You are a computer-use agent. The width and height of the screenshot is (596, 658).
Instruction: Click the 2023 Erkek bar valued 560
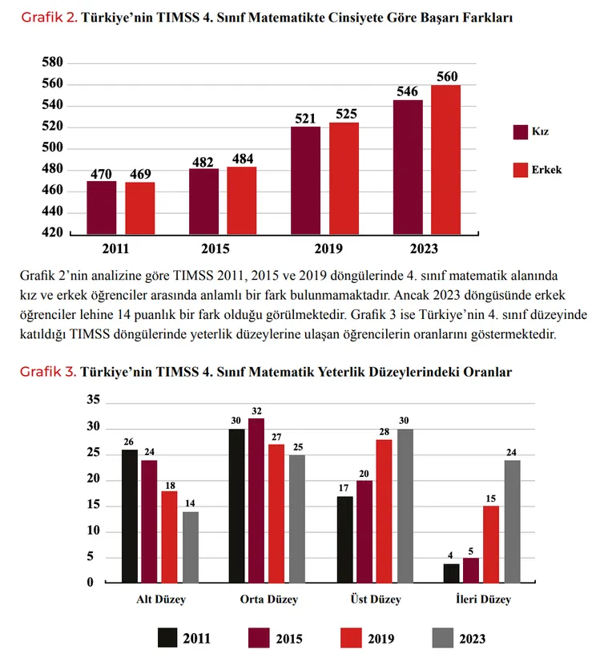446,159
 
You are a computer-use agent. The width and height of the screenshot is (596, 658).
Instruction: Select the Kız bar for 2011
102,208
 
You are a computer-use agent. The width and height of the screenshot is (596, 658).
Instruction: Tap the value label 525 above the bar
346,114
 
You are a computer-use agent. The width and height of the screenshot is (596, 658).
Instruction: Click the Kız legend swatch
521,131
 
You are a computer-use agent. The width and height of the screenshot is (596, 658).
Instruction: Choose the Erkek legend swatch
521,170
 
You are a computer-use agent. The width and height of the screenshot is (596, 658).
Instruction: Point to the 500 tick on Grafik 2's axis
52,147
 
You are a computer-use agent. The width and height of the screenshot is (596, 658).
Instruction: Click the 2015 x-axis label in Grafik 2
215,248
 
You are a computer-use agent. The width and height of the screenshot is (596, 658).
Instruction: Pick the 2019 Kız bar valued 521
305,180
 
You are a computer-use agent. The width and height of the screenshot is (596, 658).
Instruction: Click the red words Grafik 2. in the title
49,18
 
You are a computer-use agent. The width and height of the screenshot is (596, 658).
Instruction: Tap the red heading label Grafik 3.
48,372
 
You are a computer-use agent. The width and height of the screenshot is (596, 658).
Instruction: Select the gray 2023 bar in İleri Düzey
512,522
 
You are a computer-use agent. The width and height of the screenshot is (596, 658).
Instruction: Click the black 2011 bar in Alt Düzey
130,516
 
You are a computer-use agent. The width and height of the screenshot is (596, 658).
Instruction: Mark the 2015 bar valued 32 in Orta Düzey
256,501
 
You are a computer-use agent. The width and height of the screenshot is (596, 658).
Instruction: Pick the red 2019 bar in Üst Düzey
385,511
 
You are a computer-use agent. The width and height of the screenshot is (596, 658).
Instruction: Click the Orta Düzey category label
269,599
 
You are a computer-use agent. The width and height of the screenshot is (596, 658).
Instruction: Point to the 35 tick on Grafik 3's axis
94,399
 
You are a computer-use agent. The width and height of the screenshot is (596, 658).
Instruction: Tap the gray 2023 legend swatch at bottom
443,638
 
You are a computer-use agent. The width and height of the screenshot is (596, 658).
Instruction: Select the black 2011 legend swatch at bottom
167,638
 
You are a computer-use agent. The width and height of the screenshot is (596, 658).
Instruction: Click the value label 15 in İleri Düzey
491,499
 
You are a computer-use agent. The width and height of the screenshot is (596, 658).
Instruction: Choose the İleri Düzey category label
483,599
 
